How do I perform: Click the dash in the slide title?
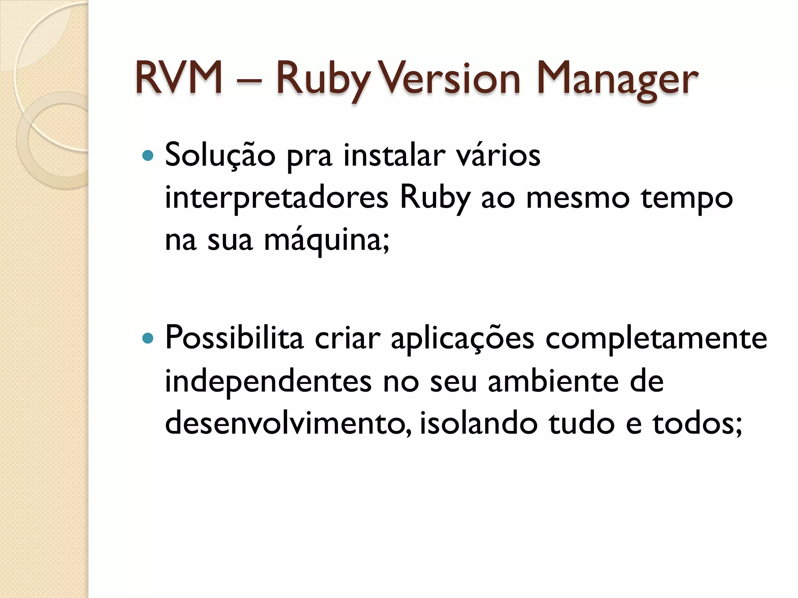(x=249, y=81)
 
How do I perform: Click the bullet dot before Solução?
(x=148, y=156)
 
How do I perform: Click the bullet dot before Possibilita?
(x=148, y=339)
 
